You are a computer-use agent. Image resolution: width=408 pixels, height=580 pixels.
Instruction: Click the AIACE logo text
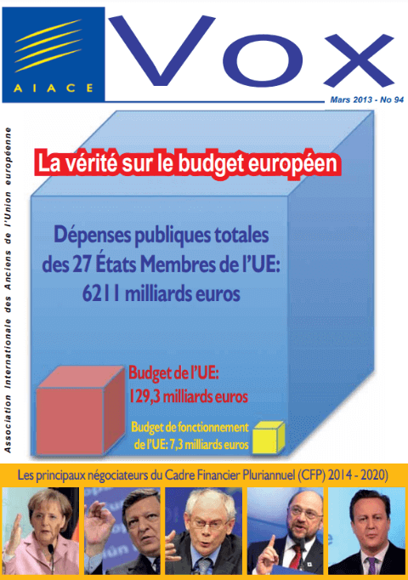click(x=54, y=88)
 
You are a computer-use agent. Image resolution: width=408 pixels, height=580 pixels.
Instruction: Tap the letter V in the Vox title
click(x=161, y=50)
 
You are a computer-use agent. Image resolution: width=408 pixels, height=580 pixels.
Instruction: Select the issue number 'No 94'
click(x=392, y=100)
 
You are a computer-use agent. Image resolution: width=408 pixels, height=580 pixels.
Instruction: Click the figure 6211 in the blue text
click(x=101, y=294)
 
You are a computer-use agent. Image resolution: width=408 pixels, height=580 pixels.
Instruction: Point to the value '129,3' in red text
click(x=144, y=397)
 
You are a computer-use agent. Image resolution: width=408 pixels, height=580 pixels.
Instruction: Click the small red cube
click(x=81, y=410)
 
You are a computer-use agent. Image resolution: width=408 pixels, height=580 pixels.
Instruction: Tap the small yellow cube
click(x=269, y=438)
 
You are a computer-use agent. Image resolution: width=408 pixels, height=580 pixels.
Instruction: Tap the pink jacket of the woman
click(x=41, y=559)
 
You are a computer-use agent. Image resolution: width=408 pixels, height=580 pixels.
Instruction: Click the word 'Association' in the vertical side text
click(x=8, y=424)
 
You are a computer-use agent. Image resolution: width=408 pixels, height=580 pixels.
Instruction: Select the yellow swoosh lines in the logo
click(x=48, y=45)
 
